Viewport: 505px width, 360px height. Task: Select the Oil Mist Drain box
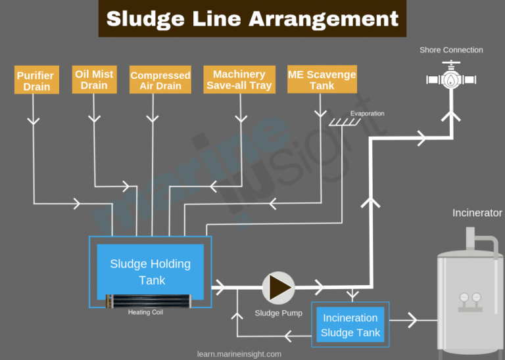(x=95, y=79)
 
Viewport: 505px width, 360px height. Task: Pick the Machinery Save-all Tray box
(x=239, y=79)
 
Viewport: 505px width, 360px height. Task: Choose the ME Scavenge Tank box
(x=322, y=79)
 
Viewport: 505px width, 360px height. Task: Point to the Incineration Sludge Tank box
(x=350, y=325)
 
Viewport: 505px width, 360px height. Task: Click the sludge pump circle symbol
(x=279, y=288)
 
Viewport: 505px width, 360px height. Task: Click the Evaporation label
(x=367, y=114)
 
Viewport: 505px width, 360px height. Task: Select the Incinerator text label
(x=477, y=213)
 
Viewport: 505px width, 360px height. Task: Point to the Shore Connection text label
(x=451, y=50)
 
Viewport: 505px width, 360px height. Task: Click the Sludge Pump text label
(x=279, y=313)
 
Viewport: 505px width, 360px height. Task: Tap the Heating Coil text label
(x=145, y=313)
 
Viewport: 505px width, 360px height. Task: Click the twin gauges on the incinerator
(x=469, y=298)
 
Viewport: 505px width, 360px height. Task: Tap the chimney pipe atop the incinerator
(x=471, y=238)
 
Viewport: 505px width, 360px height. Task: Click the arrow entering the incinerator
(x=412, y=320)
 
